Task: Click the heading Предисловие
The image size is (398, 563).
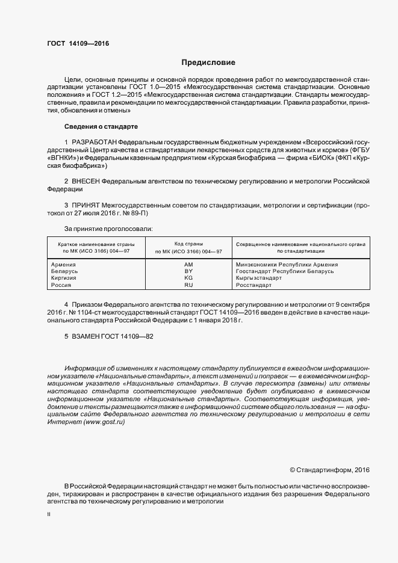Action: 208,62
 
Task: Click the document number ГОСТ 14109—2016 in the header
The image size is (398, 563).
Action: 78,43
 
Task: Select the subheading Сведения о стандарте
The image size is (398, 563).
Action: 101,127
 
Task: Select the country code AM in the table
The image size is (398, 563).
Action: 188,265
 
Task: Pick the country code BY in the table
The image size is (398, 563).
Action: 188,271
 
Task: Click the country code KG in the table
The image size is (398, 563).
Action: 188,278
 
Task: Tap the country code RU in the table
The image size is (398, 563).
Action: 188,285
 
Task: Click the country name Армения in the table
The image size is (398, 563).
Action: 64,265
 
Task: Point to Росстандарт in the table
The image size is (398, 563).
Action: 254,285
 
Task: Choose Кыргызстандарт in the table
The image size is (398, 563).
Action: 259,278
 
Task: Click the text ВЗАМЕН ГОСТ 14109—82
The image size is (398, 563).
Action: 105,337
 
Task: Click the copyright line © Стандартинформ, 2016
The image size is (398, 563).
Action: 329,469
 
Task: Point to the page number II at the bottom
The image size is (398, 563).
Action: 49,515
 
